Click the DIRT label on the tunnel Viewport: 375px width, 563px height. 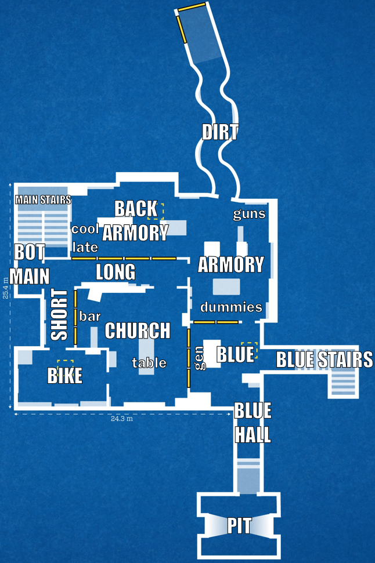click(219, 132)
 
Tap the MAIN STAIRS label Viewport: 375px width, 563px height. click(43, 199)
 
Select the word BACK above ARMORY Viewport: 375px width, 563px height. click(136, 209)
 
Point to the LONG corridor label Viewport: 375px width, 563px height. click(116, 272)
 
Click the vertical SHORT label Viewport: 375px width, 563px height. click(59, 315)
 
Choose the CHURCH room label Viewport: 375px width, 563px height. click(138, 330)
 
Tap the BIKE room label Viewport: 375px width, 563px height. click(64, 376)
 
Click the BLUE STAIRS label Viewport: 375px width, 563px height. click(324, 359)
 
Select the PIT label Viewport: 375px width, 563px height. click(239, 526)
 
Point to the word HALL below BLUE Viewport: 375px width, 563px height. click(253, 435)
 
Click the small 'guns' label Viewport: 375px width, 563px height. click(249, 215)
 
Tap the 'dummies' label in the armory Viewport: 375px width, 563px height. click(231, 307)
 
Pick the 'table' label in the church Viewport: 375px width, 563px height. click(149, 363)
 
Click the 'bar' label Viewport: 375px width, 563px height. click(90, 317)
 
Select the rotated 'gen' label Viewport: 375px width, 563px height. click(200, 358)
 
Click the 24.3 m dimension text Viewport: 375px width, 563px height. click(121, 419)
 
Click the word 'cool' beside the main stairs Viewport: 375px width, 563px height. click(85, 228)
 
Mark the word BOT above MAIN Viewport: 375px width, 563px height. click(30, 252)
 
